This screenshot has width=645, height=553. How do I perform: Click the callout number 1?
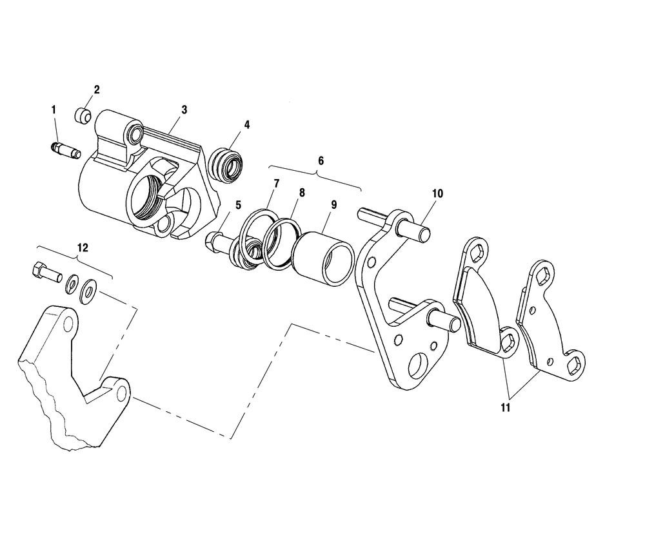click(x=54, y=110)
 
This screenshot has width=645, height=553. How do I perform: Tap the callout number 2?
click(x=97, y=90)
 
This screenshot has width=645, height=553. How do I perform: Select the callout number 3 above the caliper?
click(x=184, y=110)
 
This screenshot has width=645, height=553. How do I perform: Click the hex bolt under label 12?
click(x=46, y=272)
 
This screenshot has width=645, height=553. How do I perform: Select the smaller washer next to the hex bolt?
click(x=72, y=284)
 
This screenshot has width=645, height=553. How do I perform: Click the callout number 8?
click(x=302, y=193)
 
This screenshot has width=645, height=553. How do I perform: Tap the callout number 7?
click(x=276, y=184)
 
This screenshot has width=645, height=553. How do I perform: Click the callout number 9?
click(x=333, y=204)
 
